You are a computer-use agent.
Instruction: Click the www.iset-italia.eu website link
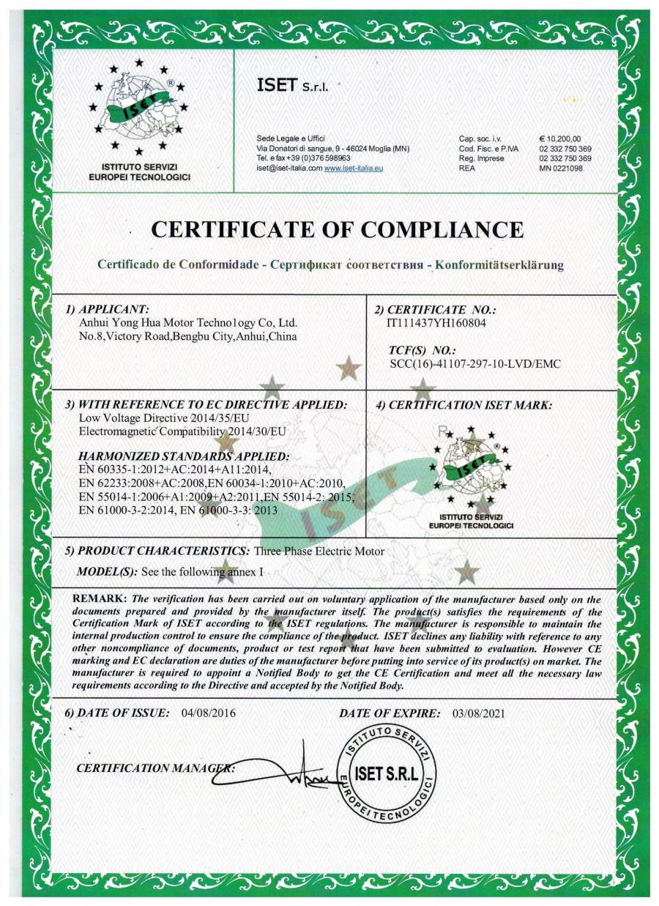354,168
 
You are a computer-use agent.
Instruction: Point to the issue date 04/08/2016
208,713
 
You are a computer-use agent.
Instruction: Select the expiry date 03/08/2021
479,713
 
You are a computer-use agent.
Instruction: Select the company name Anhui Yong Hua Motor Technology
187,322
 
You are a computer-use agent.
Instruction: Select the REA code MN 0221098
561,168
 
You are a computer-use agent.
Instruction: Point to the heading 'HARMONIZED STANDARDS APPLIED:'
184,456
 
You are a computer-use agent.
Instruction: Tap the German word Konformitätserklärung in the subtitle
499,264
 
